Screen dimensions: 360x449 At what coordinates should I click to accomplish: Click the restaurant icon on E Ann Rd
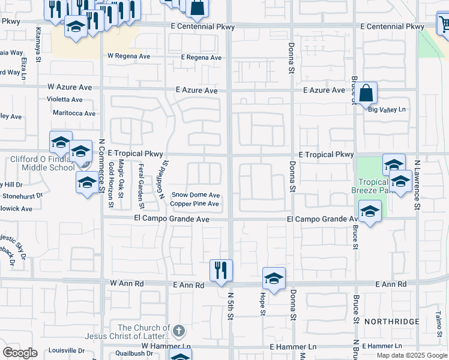pyautogui.click(x=221, y=270)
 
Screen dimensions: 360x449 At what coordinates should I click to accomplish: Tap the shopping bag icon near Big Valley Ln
pyautogui.click(x=366, y=94)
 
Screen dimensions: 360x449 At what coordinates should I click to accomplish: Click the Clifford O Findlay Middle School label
pyautogui.click(x=42, y=164)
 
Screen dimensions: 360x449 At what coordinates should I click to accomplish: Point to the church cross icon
pyautogui.click(x=178, y=331)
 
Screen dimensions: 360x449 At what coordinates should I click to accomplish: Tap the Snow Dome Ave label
pyautogui.click(x=196, y=195)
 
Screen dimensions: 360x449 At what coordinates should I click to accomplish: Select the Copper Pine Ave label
pyautogui.click(x=194, y=204)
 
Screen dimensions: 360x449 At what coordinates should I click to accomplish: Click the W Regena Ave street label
pyautogui.click(x=128, y=56)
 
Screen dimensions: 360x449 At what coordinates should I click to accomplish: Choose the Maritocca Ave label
pyautogui.click(x=74, y=113)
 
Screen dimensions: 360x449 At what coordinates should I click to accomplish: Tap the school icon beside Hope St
pyautogui.click(x=274, y=278)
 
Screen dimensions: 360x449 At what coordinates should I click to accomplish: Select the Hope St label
pyautogui.click(x=262, y=304)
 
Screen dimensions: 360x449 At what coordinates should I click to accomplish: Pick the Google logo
pyautogui.click(x=20, y=353)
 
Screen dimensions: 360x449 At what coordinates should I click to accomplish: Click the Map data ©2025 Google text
pyautogui.click(x=411, y=355)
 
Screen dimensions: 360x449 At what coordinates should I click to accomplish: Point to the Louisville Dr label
pyautogui.click(x=66, y=350)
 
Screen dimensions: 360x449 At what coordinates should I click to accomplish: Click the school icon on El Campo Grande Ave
pyautogui.click(x=370, y=211)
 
